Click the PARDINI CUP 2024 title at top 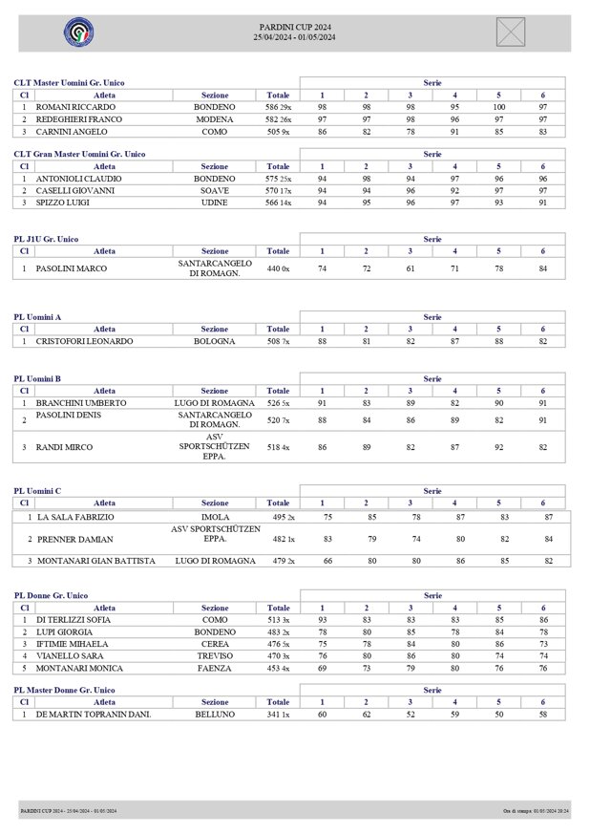tap(296, 27)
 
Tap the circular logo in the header tap(78, 32)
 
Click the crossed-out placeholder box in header tap(511, 32)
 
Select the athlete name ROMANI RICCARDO tap(75, 108)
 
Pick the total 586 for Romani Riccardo tap(272, 108)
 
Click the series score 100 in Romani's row tap(498, 108)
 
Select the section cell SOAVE tap(214, 190)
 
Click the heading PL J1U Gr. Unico tap(46, 239)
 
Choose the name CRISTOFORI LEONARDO tap(84, 341)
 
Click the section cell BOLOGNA tap(214, 341)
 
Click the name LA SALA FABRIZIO tap(75, 517)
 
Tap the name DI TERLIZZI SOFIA tap(74, 619)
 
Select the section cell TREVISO tap(214, 656)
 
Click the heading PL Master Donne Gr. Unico tap(64, 690)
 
